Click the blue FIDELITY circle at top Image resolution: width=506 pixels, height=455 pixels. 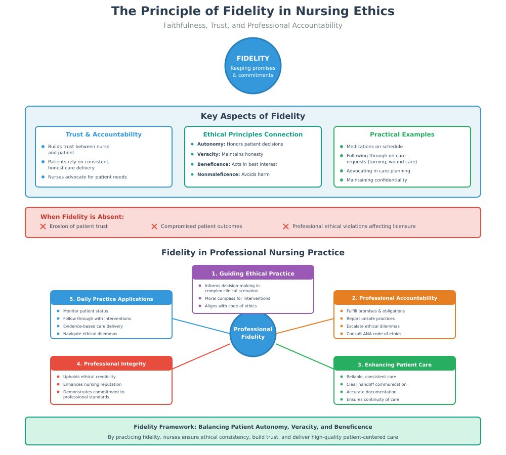tap(253, 66)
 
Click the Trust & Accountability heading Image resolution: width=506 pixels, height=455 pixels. tap(104, 134)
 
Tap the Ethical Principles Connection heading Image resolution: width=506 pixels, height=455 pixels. tap(253, 134)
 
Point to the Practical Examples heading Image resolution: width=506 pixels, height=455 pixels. tap(402, 134)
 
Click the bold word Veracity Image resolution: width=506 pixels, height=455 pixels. tap(208, 154)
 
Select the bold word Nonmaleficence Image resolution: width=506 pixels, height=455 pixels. tap(219, 174)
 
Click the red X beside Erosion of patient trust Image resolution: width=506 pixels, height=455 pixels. tap(43, 226)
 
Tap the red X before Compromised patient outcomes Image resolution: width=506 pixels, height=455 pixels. tap(154, 226)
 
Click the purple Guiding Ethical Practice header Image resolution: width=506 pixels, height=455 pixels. tap(253, 274)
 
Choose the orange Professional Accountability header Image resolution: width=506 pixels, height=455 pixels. tap(395, 298)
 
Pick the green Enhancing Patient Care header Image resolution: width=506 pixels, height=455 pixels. tap(395, 365)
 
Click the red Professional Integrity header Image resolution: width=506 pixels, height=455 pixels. tap(111, 364)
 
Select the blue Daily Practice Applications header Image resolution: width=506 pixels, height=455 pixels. tap(111, 299)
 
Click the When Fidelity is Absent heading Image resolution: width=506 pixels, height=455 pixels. tap(82, 217)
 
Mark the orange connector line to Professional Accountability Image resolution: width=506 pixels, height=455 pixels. tap(305, 326)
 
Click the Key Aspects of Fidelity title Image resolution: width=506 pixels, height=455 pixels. tap(253, 116)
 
